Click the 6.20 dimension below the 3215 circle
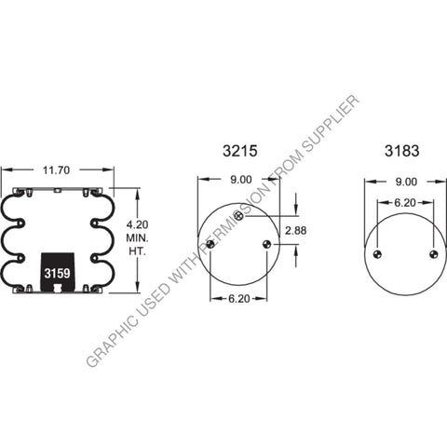coord(238,300)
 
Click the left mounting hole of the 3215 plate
coord(211,244)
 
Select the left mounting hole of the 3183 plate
coord(377,255)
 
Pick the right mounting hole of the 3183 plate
coord(432,255)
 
